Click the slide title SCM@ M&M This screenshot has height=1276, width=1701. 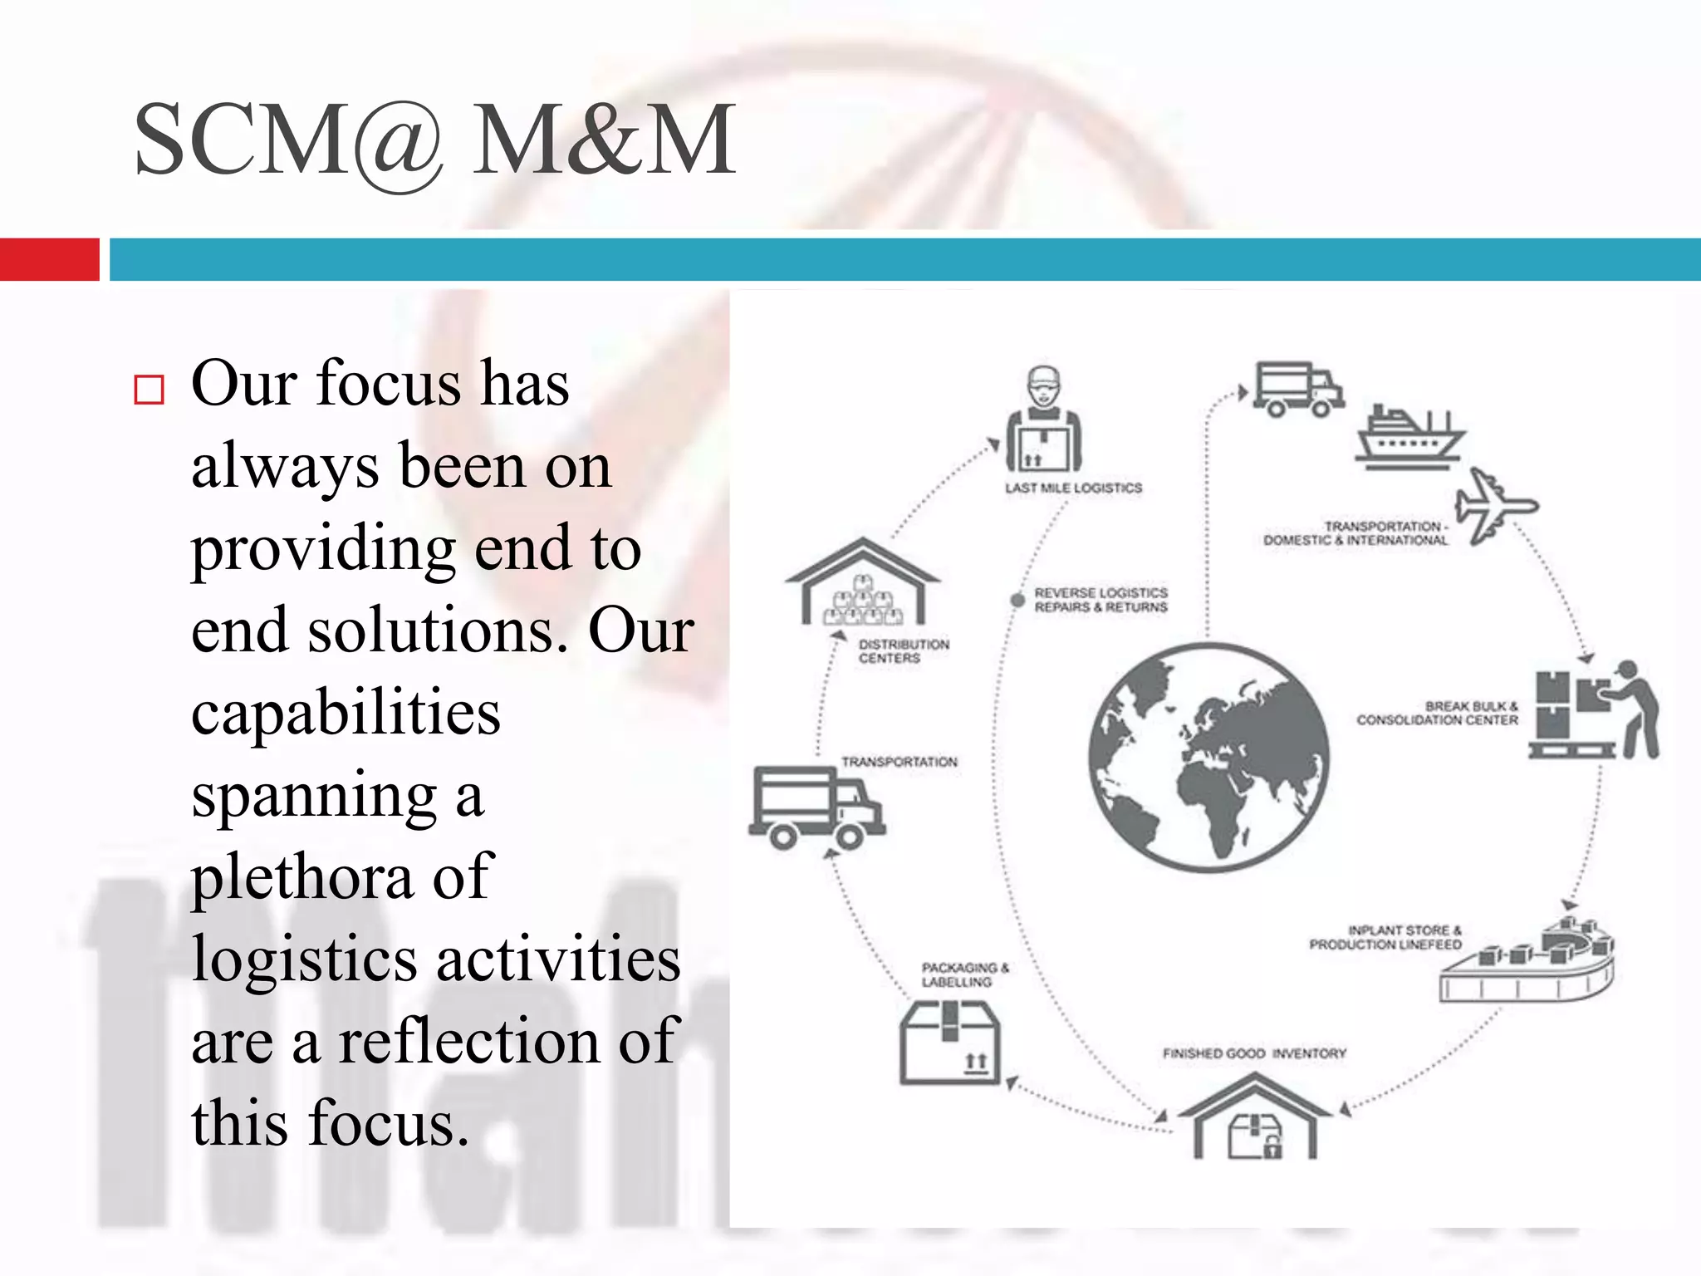[x=434, y=140]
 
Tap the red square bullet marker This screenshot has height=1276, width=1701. [x=149, y=390]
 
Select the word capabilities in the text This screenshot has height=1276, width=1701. [x=346, y=713]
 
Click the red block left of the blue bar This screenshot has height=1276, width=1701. [x=49, y=259]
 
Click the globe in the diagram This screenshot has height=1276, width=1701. [x=1208, y=758]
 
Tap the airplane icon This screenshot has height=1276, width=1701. [x=1495, y=505]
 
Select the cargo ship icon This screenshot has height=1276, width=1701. [x=1409, y=436]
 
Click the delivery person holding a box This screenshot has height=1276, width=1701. [x=1043, y=420]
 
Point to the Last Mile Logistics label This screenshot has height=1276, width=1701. [x=1073, y=488]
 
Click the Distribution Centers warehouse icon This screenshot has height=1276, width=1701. [x=862, y=584]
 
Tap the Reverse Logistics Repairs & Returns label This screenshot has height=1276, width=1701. [x=1101, y=600]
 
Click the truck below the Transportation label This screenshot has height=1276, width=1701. [x=816, y=807]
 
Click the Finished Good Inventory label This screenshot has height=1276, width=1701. [x=1254, y=1053]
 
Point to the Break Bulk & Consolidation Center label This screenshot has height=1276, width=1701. [x=1437, y=713]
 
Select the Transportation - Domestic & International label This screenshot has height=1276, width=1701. [x=1355, y=533]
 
